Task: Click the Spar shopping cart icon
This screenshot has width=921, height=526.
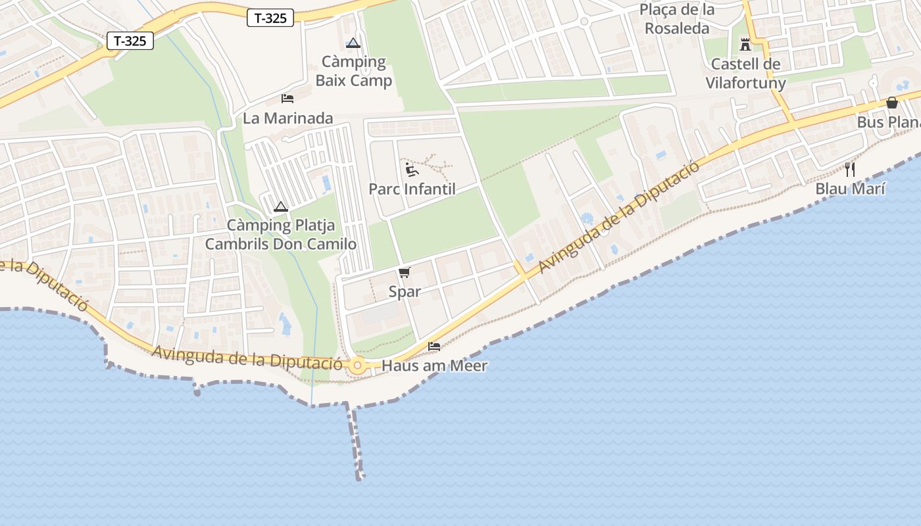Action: coord(404,273)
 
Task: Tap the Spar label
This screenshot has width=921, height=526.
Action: coord(405,291)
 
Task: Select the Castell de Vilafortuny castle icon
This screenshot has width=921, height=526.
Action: coord(745,45)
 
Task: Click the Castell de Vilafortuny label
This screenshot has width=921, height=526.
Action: coord(745,74)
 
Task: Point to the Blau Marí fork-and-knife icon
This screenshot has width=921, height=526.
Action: coord(850,170)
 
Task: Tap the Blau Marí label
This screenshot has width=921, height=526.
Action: coord(850,189)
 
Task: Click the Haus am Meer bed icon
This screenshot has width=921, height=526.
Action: coord(434,346)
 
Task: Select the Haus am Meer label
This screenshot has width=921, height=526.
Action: coord(434,366)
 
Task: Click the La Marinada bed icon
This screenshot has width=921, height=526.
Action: coord(287,99)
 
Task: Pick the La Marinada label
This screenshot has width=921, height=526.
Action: coord(287,118)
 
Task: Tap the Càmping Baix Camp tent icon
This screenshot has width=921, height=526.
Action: coord(353,43)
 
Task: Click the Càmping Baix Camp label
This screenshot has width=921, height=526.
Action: coord(354,71)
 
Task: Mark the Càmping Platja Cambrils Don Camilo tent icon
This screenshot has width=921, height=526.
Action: coord(281,206)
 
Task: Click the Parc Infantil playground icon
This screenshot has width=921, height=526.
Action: coord(412,170)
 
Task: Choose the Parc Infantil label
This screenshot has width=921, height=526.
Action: coord(412,189)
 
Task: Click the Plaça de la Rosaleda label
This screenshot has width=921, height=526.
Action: coord(677,19)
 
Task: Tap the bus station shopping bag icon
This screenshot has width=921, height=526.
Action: coord(892,103)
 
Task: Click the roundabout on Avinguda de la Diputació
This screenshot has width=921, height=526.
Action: coord(358,366)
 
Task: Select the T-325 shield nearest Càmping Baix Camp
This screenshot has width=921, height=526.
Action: coord(270,18)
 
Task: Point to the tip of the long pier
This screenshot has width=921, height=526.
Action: coord(360,477)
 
